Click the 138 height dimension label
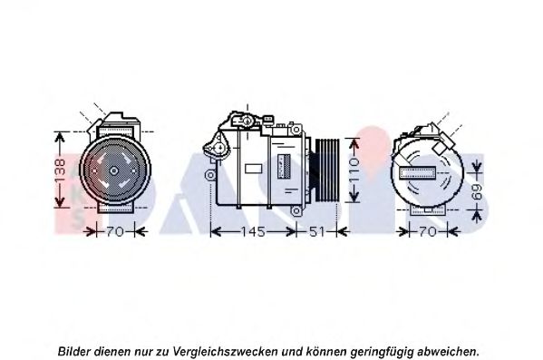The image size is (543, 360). click(60, 170)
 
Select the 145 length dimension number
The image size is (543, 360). click(253, 232)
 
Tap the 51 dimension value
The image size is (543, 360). click(316, 232)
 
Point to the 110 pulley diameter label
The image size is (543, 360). click(354, 170)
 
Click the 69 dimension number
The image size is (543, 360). click(477, 191)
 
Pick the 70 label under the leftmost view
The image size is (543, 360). click(114, 232)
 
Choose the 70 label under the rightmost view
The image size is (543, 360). click(428, 232)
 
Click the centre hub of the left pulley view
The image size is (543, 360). click(114, 170)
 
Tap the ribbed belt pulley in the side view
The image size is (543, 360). click(326, 170)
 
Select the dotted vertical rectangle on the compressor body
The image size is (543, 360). click(285, 166)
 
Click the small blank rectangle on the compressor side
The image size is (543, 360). click(253, 169)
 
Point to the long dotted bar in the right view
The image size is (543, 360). click(418, 172)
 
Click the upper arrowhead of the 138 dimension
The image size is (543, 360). click(60, 138)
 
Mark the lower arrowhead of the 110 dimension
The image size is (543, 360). click(354, 197)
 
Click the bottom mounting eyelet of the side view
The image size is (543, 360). click(296, 210)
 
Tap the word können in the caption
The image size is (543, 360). click(325, 351)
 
